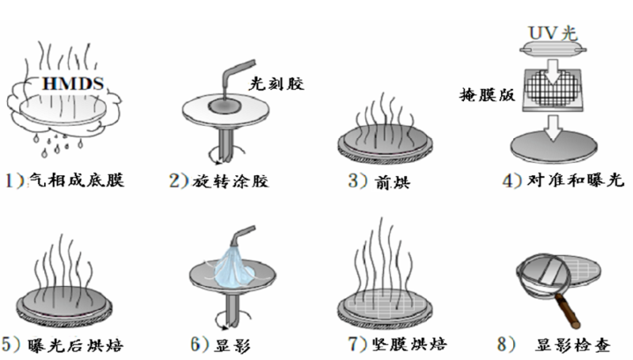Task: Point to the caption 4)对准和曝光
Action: [551, 181]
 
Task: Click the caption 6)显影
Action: [220, 344]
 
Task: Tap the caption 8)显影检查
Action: [564, 344]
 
